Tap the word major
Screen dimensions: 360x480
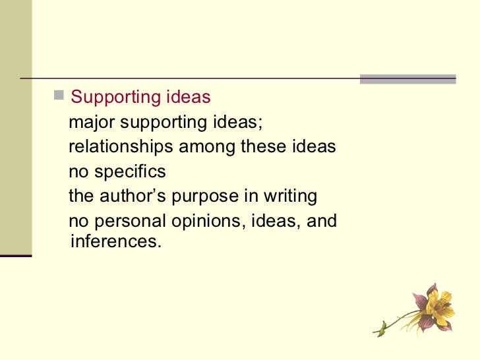point(88,123)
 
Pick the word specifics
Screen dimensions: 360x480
point(131,172)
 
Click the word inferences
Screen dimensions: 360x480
point(114,241)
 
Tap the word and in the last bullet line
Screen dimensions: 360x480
point(322,222)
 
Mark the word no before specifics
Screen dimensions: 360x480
point(78,172)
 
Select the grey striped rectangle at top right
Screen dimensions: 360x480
point(407,79)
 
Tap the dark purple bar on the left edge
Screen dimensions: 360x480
point(16,255)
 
